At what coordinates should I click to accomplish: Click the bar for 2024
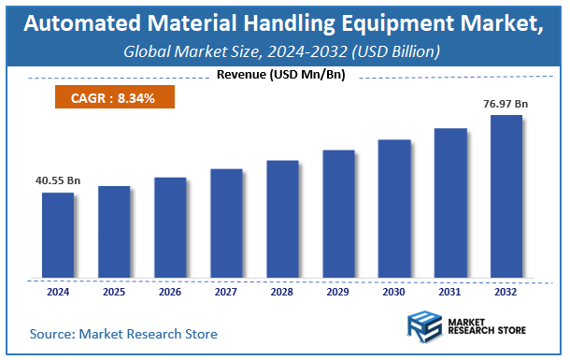click(58, 236)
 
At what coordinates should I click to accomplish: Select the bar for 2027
click(226, 223)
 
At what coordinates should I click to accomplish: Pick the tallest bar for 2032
click(506, 196)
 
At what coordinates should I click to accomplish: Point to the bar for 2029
click(338, 214)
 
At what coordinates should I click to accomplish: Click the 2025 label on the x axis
click(114, 291)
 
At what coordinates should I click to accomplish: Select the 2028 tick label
click(282, 291)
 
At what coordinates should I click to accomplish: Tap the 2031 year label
click(450, 291)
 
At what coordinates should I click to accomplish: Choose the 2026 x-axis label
click(170, 291)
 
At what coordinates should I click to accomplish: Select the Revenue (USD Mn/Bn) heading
click(280, 75)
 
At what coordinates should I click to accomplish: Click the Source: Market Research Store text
click(123, 333)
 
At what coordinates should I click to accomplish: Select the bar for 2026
click(170, 228)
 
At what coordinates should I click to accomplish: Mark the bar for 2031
click(450, 203)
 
